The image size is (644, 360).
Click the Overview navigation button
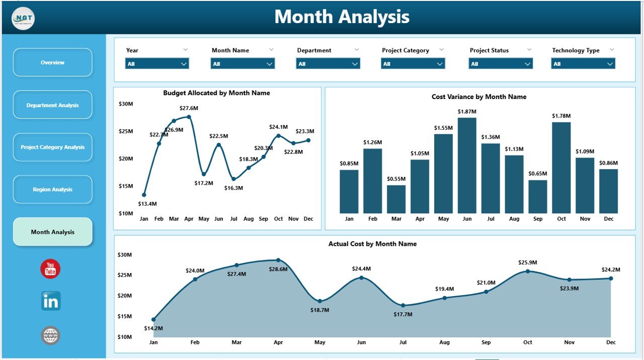[x=52, y=62]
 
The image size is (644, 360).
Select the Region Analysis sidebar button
[x=52, y=190]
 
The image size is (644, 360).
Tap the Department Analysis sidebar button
[x=52, y=105]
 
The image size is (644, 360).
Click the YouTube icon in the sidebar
[x=50, y=269]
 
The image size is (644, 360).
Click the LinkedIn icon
[x=51, y=301]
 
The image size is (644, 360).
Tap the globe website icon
[x=51, y=335]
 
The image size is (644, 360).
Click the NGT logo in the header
[x=23, y=19]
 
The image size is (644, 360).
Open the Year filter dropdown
[x=157, y=64]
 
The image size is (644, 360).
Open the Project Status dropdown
[x=501, y=64]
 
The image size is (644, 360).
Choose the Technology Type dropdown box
[x=583, y=64]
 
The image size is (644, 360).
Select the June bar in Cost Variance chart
[x=467, y=166]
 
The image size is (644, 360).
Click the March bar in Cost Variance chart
[x=396, y=199]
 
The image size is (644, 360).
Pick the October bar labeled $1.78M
[x=561, y=168]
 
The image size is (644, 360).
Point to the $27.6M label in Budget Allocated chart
[x=189, y=108]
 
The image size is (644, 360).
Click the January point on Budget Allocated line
[x=144, y=195]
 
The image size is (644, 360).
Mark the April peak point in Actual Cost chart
[x=278, y=260]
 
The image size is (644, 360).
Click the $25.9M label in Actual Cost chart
[x=528, y=262]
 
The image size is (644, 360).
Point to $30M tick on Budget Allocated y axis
[x=126, y=104]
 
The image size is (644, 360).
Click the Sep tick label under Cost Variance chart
[x=538, y=219]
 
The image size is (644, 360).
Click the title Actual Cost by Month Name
[x=372, y=244]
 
